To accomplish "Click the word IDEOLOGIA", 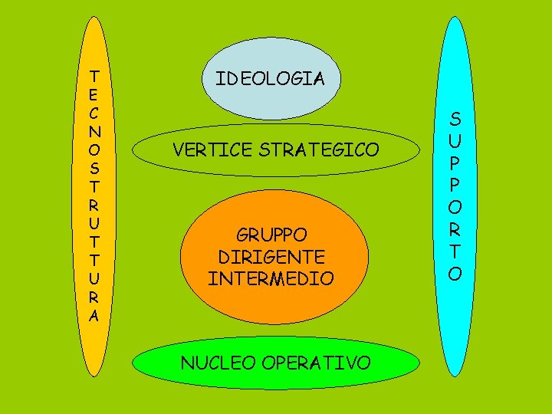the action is pos(270,78).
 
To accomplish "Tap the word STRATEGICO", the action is pos(316,150).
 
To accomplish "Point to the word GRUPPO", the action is pos(271,235).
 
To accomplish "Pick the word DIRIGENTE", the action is pos(271,256).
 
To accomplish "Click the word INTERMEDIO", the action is pos(271,278).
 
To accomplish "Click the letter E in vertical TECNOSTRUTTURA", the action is pos(94,93).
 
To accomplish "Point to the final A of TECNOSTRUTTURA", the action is pos(94,315).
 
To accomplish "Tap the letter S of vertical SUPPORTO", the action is pos(455,120).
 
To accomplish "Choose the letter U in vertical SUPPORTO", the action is pos(455,141).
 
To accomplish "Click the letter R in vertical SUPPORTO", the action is pos(455,228).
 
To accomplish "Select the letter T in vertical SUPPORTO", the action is pos(455,250).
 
